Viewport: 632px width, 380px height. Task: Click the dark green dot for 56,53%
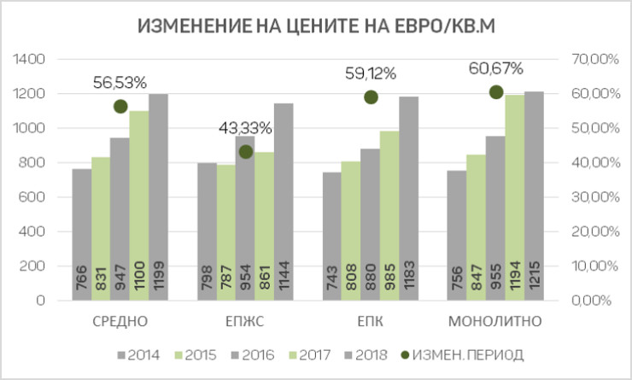[x=120, y=106]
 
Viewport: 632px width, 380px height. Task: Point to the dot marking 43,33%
[x=246, y=152]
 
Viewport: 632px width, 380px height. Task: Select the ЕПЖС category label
[x=245, y=322]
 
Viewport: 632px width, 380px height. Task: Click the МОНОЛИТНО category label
[x=495, y=322]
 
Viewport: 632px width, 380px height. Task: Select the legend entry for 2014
[x=138, y=354]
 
